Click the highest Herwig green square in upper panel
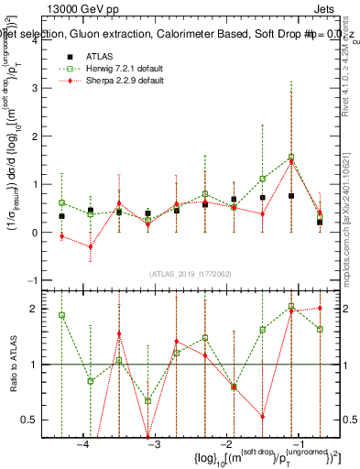291,157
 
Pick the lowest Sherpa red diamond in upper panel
90,246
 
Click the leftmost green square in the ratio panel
61,315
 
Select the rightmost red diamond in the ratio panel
320,308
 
